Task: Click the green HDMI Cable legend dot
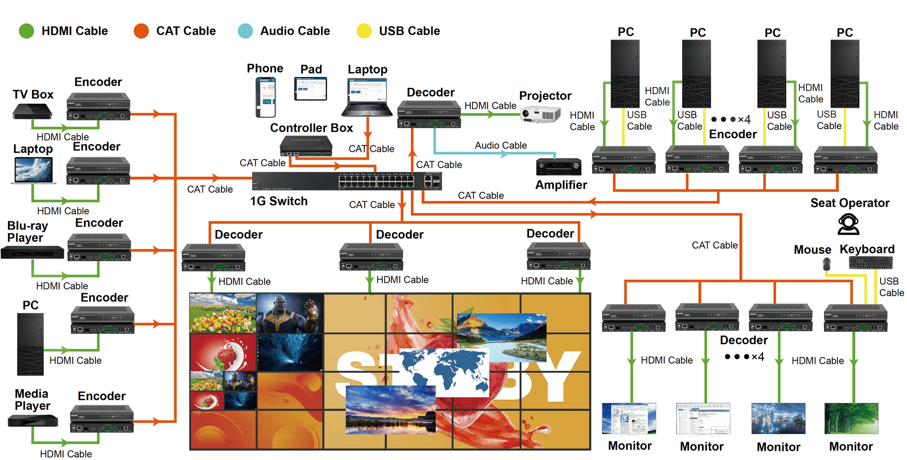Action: [x=26, y=31]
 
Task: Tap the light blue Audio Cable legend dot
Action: [x=245, y=31]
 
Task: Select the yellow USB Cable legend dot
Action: [x=364, y=31]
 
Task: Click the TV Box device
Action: [x=32, y=111]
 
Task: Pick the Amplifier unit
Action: [x=558, y=167]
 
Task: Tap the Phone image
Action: [x=266, y=97]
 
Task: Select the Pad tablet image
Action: [x=311, y=89]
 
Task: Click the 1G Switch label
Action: [x=279, y=201]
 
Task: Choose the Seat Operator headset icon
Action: [x=848, y=224]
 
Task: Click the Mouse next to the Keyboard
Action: [x=826, y=264]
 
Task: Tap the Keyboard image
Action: [x=870, y=263]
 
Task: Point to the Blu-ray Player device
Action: [x=32, y=252]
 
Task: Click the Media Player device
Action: [x=33, y=420]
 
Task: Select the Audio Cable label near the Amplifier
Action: [x=501, y=145]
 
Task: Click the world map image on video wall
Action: [x=444, y=372]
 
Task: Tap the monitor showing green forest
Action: [x=851, y=418]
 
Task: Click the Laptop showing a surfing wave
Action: [x=33, y=171]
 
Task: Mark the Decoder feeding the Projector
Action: [x=429, y=114]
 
